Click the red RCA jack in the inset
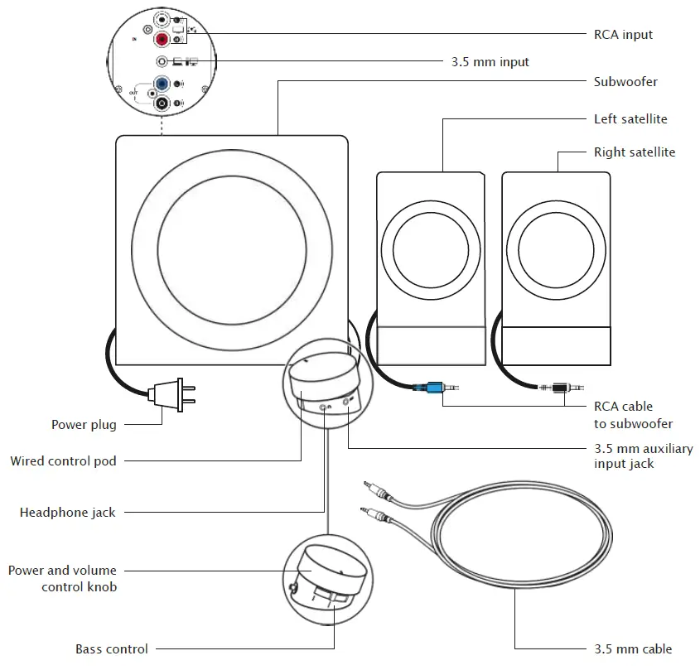point(163,40)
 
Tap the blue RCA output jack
point(163,84)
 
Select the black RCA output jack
point(163,104)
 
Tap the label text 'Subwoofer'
point(625,82)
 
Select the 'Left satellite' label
point(630,119)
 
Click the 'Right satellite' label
point(634,152)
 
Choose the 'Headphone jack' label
point(68,513)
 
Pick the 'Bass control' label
point(112,649)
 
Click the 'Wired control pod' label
point(63,460)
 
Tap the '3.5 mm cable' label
point(633,649)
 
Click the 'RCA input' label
point(623,35)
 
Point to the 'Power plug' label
point(84,425)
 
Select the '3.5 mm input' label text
point(490,62)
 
